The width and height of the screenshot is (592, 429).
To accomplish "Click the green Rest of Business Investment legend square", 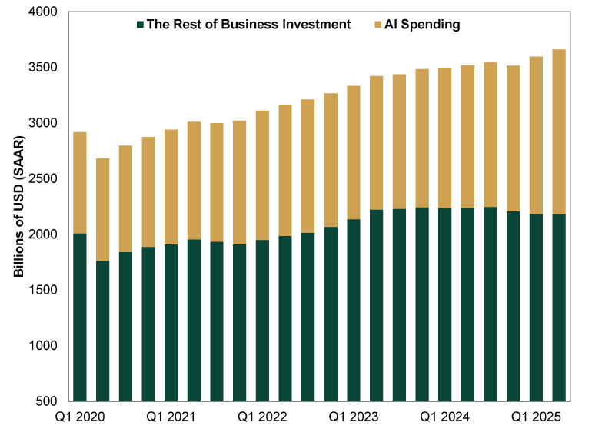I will point(140,25).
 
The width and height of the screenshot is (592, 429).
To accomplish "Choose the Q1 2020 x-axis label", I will point(79,416).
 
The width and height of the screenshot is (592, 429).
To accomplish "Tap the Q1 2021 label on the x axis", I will point(171,416).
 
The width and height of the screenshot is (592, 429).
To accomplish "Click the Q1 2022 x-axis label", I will point(262,416).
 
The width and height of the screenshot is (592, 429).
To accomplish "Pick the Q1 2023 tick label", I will point(354,416).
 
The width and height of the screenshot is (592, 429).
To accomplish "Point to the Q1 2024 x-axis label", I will point(445,416).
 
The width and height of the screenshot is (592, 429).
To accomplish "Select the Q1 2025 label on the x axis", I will point(537,416).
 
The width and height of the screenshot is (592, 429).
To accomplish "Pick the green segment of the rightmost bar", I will point(559,308).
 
